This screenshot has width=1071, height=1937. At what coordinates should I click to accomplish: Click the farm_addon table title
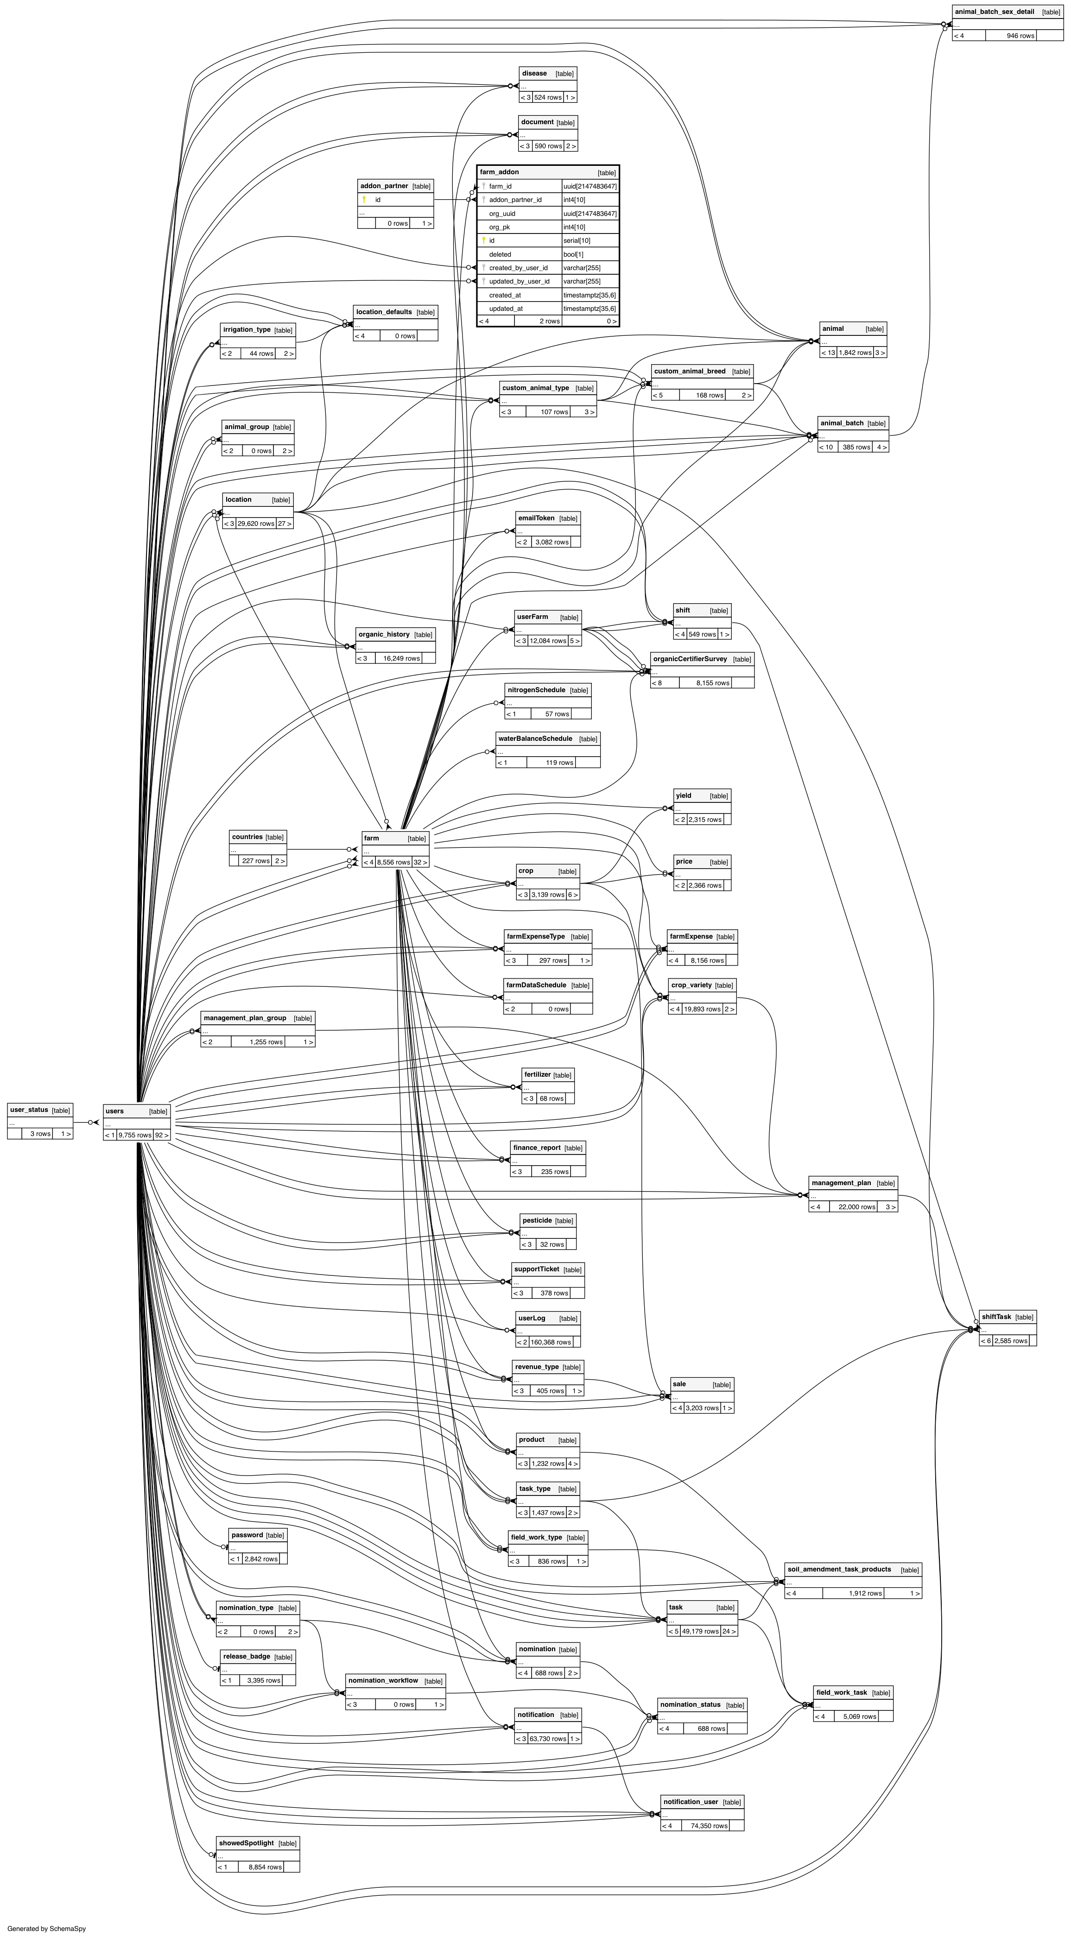tap(500, 172)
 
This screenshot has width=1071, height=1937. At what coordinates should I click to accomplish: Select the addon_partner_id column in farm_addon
tap(515, 200)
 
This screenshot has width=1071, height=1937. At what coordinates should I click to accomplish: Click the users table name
tap(115, 1111)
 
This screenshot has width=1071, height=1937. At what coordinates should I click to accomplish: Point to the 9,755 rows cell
tap(134, 1136)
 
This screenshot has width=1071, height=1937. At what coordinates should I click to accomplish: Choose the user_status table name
tap(29, 1110)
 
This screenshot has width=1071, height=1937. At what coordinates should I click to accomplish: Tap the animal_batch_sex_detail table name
tap(994, 12)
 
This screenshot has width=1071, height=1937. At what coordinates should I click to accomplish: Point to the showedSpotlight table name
tap(247, 1843)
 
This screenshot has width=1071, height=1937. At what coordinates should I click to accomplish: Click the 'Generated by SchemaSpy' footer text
tap(47, 1929)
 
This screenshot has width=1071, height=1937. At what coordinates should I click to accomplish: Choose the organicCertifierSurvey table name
tap(690, 659)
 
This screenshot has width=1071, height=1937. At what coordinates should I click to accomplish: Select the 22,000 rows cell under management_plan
tap(856, 1207)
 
